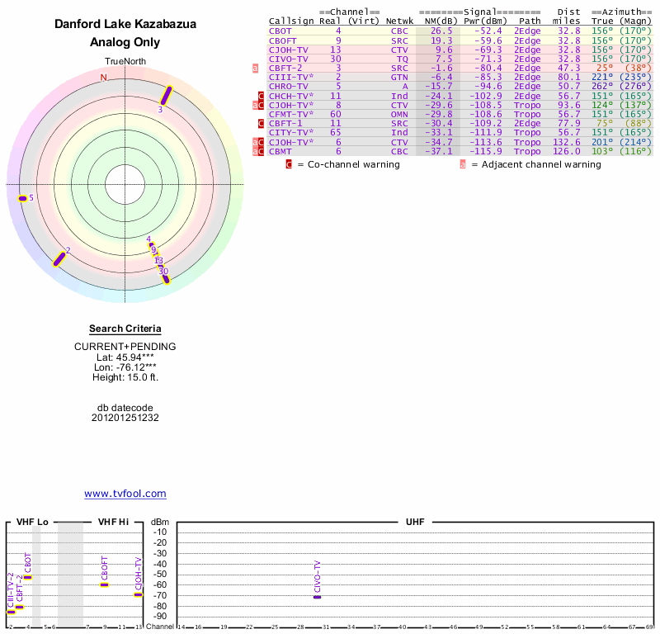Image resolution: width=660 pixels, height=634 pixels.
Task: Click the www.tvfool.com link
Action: point(125,494)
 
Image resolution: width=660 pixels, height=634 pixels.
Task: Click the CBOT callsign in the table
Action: point(281,31)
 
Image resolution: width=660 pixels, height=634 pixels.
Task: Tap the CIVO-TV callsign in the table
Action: point(289,59)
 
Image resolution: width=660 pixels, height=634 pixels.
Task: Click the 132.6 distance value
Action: point(568,142)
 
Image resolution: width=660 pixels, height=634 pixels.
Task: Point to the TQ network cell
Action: point(402,59)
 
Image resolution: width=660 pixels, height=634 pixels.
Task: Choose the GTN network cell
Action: point(399,77)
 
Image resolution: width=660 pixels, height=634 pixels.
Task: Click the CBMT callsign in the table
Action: point(281,151)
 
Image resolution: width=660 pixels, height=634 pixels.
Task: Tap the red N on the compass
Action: point(103,78)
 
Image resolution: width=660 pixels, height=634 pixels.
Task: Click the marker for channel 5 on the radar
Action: point(23,198)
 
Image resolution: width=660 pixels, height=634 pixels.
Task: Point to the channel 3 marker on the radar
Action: point(166,96)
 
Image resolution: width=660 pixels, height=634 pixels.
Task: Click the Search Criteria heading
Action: point(125,329)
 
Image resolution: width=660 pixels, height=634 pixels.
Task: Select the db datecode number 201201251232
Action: point(125,418)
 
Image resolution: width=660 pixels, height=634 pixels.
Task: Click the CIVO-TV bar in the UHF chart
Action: point(317,596)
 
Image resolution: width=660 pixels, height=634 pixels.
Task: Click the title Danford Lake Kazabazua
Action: point(125,25)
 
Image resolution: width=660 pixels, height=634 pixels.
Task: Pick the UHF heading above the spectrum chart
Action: point(414,523)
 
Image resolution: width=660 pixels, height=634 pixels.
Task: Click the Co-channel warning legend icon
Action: point(289,164)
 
